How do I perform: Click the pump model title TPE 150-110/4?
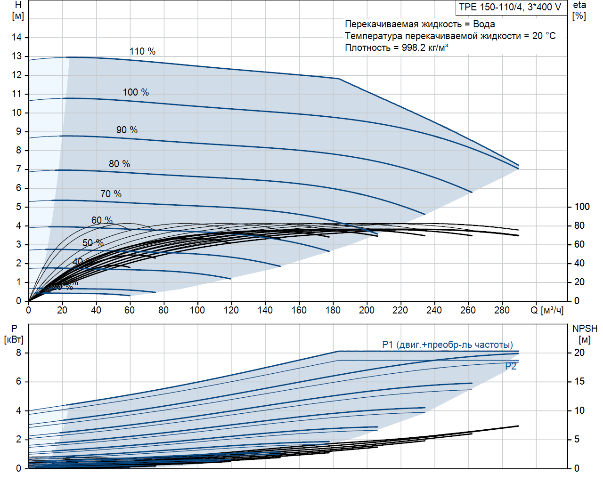point(510,7)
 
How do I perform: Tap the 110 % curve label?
point(142,51)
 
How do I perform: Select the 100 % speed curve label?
point(136,92)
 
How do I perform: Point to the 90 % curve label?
point(127,130)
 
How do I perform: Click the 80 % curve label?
point(119,164)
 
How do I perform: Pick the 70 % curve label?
point(111,194)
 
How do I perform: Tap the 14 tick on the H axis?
point(17,37)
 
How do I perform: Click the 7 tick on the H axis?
point(19,169)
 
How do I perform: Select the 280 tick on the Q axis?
point(502,310)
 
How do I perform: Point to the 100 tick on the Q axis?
point(197,310)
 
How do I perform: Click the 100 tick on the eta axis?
point(582,207)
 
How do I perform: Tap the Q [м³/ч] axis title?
point(546,310)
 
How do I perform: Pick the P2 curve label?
point(511,366)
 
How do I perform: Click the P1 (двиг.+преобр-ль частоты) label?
point(448,345)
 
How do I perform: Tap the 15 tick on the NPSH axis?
point(579,381)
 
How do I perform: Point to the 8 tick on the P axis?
point(19,353)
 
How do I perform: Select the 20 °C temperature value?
point(544,36)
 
